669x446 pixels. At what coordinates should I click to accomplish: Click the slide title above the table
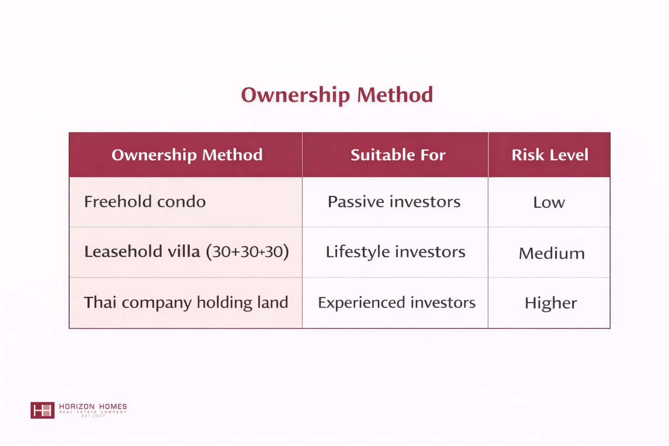(x=337, y=95)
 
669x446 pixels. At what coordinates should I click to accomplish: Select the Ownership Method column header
(x=187, y=155)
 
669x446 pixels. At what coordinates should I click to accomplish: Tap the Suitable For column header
(x=398, y=155)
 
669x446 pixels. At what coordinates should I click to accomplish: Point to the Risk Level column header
(x=550, y=155)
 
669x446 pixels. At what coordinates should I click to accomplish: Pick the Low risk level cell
(x=549, y=202)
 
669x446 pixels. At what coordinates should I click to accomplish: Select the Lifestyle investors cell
(x=395, y=252)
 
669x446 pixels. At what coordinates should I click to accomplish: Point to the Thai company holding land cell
(x=186, y=302)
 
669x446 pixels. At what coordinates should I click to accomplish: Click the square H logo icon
(x=42, y=410)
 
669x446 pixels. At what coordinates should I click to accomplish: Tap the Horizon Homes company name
(x=93, y=406)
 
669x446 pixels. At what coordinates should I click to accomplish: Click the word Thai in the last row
(x=100, y=302)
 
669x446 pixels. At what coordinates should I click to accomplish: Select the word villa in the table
(x=184, y=251)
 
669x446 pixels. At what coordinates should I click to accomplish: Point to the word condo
(x=182, y=201)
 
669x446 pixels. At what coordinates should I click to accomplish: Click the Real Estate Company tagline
(x=93, y=412)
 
